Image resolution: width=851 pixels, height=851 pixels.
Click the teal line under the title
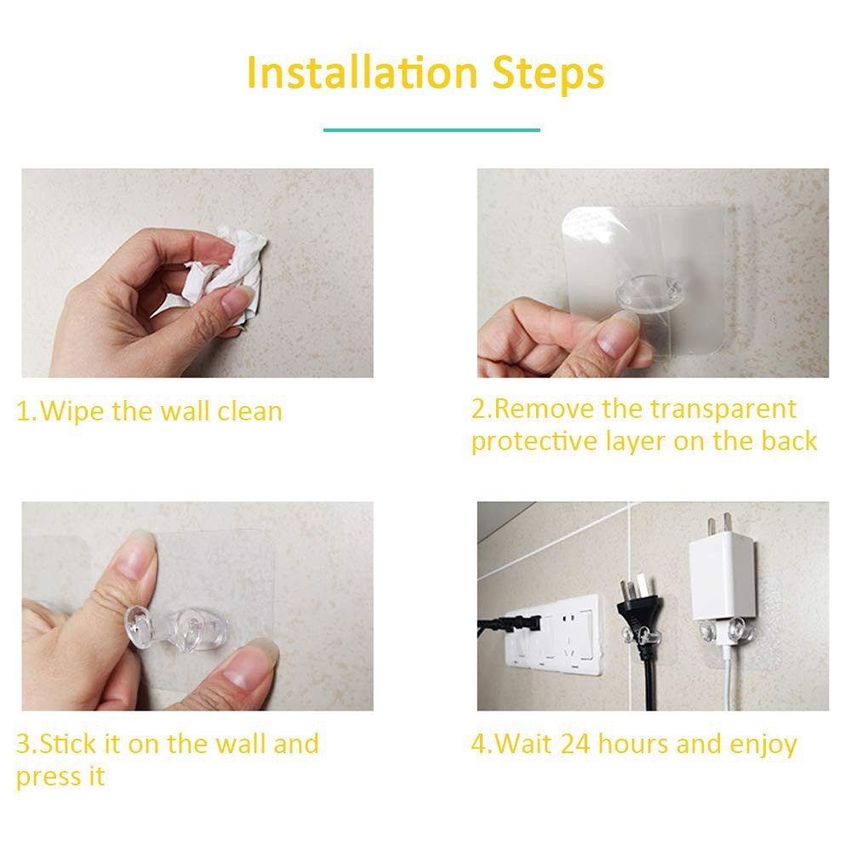point(431,130)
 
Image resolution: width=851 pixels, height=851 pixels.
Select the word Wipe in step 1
point(73,412)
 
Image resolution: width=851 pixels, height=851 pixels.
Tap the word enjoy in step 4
point(762,745)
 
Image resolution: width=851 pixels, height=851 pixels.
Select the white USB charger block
point(722,579)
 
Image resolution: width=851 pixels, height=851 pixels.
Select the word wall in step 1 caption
point(185,412)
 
